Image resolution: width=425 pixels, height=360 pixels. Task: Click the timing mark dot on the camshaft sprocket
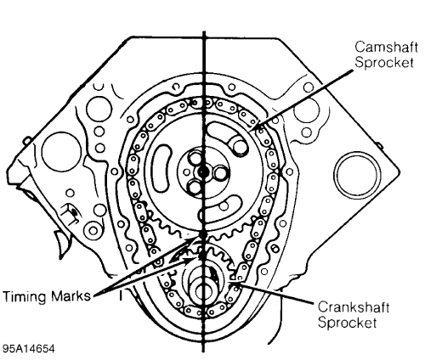click(x=203, y=233)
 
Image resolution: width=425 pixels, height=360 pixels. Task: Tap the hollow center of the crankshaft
click(x=205, y=290)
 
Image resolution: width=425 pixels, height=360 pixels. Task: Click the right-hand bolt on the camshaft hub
click(x=220, y=174)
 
